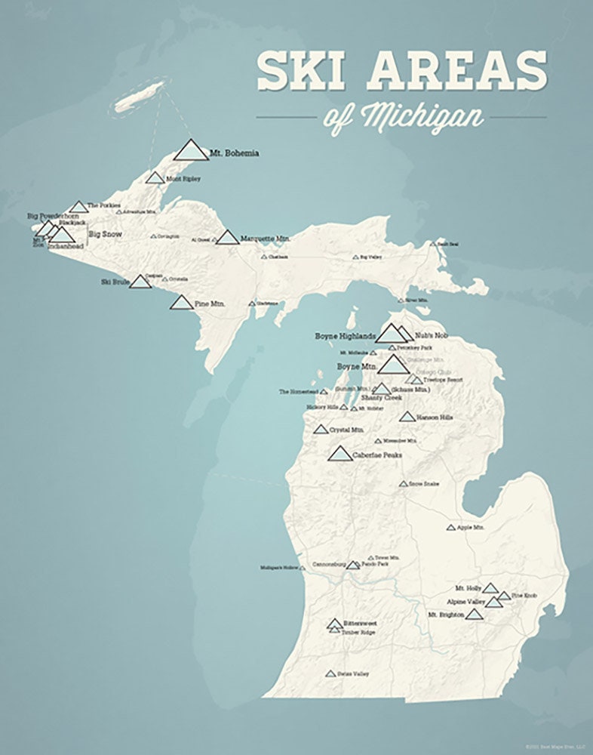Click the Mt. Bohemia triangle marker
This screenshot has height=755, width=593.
[x=191, y=150]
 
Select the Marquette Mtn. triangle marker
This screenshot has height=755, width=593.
[x=227, y=238]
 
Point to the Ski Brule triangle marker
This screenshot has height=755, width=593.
[x=140, y=282]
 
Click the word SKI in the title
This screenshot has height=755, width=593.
[x=300, y=71]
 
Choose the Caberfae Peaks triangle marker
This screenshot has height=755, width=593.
[x=340, y=454]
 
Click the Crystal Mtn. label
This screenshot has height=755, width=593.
[x=347, y=429]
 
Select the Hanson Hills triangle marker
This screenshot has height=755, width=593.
[x=407, y=417]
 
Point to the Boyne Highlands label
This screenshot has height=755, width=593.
[x=345, y=335]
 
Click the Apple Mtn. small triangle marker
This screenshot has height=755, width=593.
[x=451, y=528]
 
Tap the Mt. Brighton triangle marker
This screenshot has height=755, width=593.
[x=474, y=615]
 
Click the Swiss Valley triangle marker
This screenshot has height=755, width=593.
[x=330, y=673]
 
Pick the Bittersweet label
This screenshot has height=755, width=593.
[x=360, y=624]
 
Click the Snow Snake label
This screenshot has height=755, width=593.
[x=424, y=483]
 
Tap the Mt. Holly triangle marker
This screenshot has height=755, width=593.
[x=490, y=588]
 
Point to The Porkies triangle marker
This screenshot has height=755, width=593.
[x=78, y=207]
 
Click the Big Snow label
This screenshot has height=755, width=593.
[x=105, y=235]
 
